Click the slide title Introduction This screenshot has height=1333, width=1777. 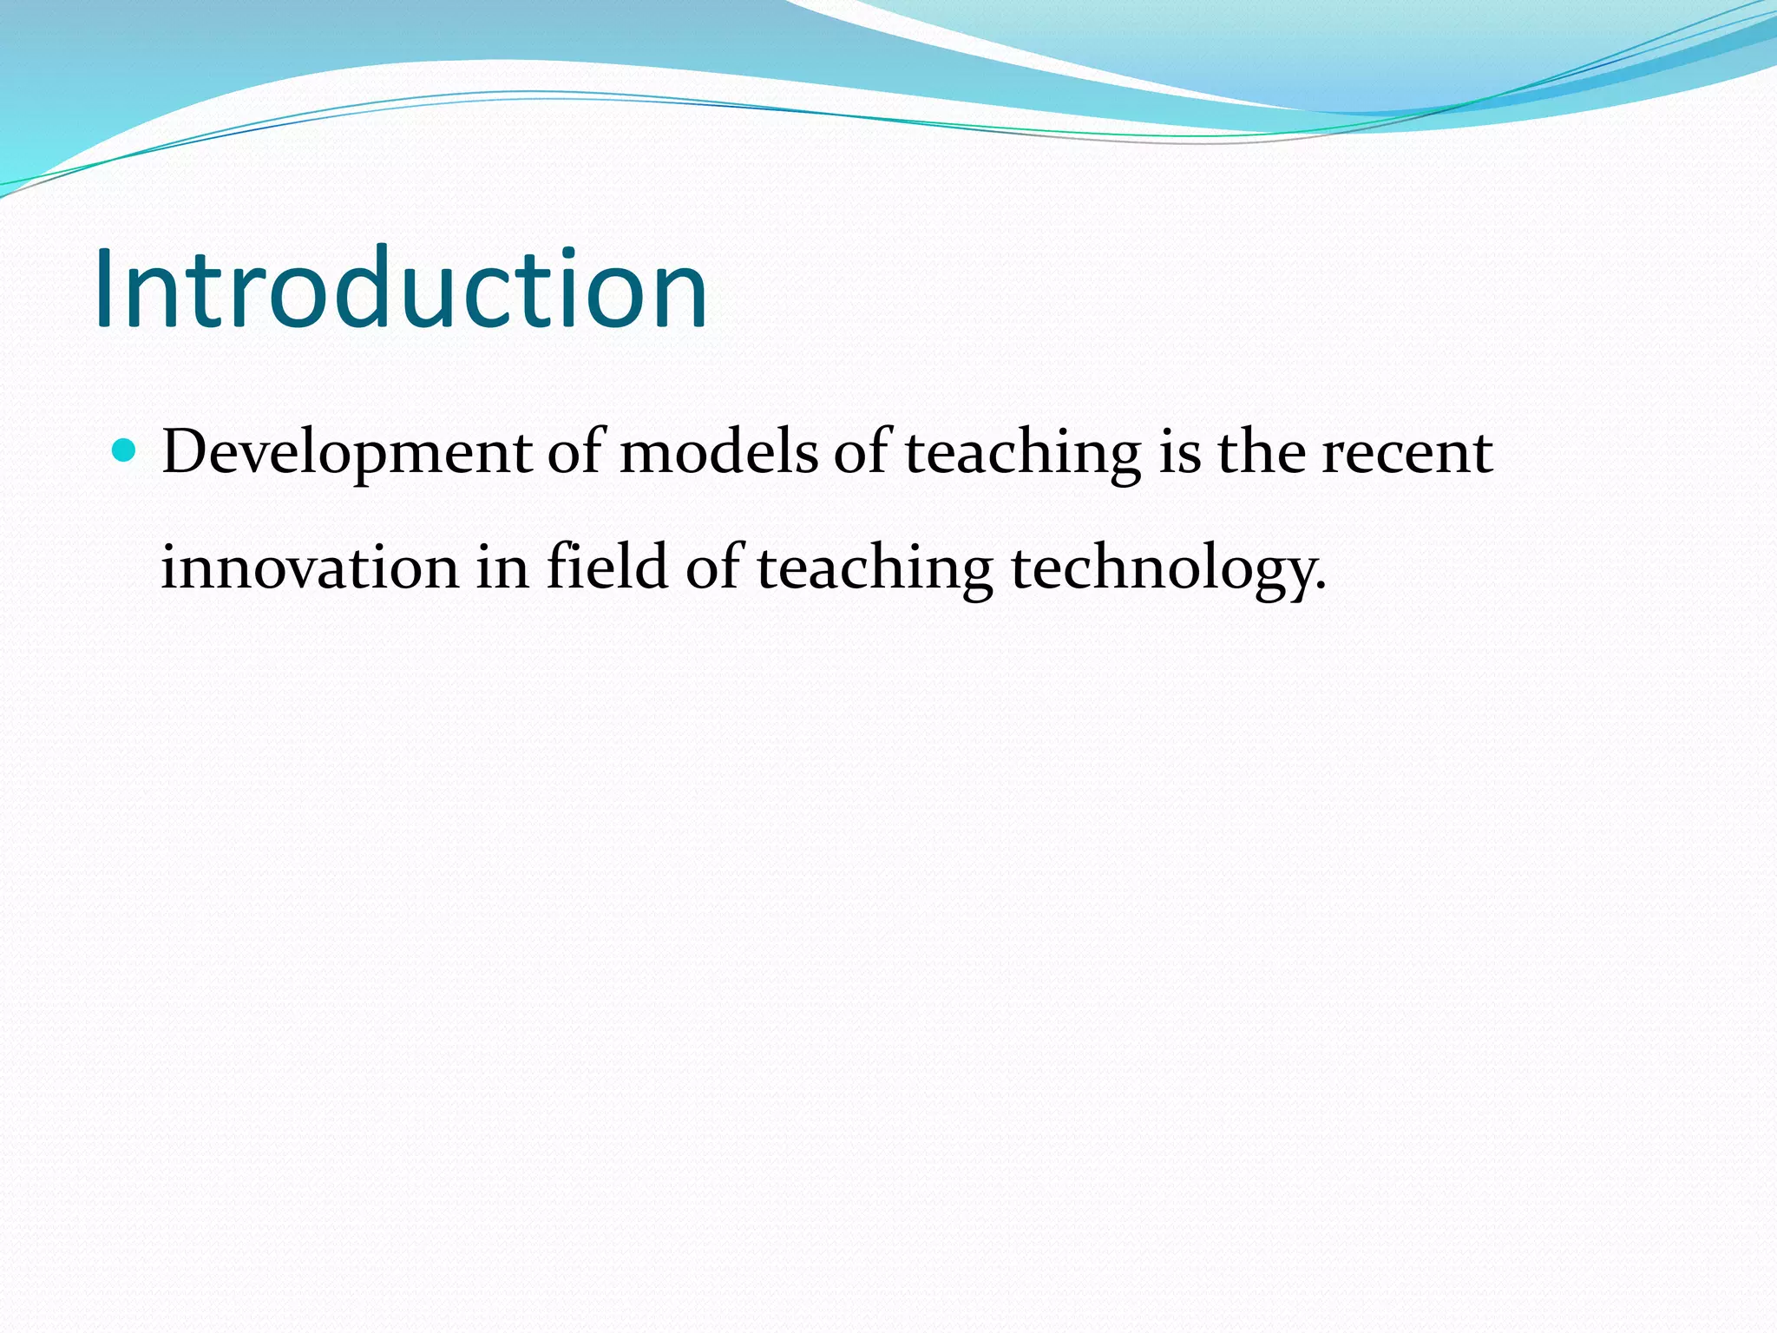click(x=401, y=289)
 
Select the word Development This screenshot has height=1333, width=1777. click(x=346, y=453)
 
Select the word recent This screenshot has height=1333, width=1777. click(x=1407, y=453)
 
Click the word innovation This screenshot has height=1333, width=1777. click(x=310, y=568)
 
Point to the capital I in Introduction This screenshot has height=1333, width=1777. click(x=106, y=289)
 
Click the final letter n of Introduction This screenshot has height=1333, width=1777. click(x=678, y=299)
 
